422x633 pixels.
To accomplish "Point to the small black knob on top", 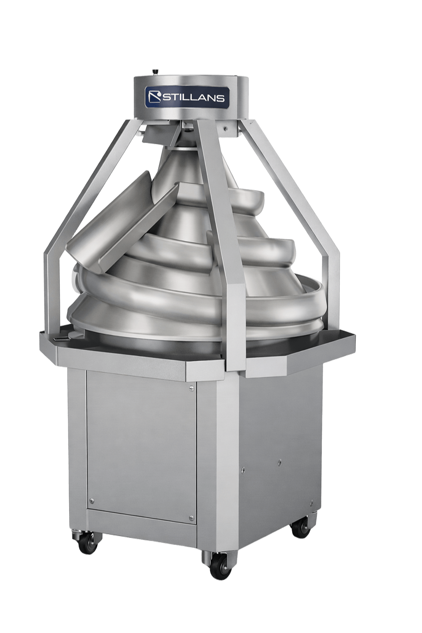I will [156, 72].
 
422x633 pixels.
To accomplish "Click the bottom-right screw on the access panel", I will [190, 518].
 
